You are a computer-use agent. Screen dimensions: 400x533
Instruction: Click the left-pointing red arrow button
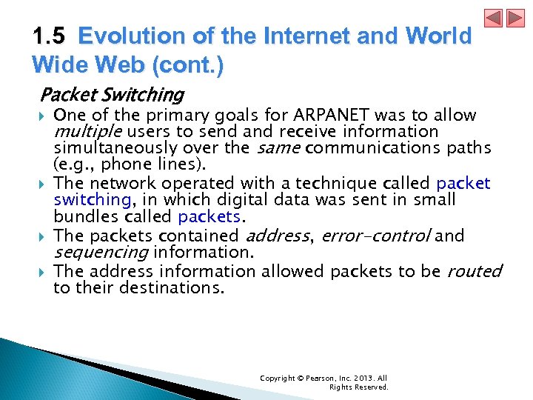pyautogui.click(x=494, y=18)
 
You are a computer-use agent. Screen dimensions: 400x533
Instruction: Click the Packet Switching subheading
pyautogui.click(x=112, y=95)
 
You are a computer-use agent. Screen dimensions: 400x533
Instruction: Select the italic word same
pyautogui.click(x=279, y=147)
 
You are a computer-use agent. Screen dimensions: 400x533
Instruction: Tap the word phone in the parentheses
pyautogui.click(x=129, y=164)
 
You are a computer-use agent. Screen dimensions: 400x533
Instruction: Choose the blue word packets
pyautogui.click(x=209, y=216)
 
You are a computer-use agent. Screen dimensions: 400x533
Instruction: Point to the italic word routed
pyautogui.click(x=475, y=271)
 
